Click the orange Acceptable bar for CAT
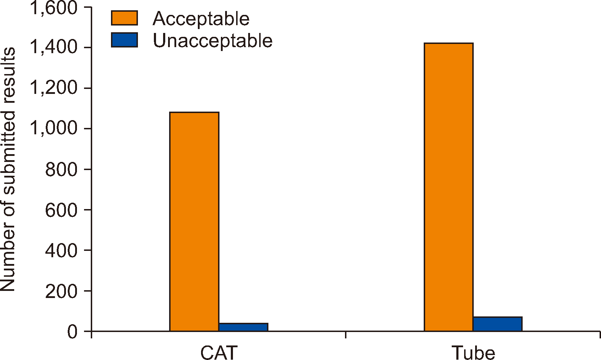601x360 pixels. point(194,221)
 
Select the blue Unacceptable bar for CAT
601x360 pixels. point(243,327)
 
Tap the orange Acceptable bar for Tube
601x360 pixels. point(449,187)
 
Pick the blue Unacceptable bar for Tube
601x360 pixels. point(497,324)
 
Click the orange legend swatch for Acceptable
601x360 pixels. point(124,18)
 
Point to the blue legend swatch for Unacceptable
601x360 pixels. point(124,40)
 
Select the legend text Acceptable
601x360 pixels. point(201,18)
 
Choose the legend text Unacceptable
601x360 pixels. point(212,40)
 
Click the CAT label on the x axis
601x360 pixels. point(219,353)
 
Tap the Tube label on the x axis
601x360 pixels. point(473,353)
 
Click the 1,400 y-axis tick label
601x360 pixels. point(54,47)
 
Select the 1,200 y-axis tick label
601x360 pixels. point(54,88)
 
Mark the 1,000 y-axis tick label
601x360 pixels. point(54,128)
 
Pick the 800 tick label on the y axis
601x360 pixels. point(61,169)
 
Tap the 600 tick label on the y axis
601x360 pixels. point(61,210)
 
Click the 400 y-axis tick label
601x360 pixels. point(61,250)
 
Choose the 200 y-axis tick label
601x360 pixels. point(61,291)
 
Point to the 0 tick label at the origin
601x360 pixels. point(72,332)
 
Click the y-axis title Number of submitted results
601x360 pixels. point(9,169)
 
